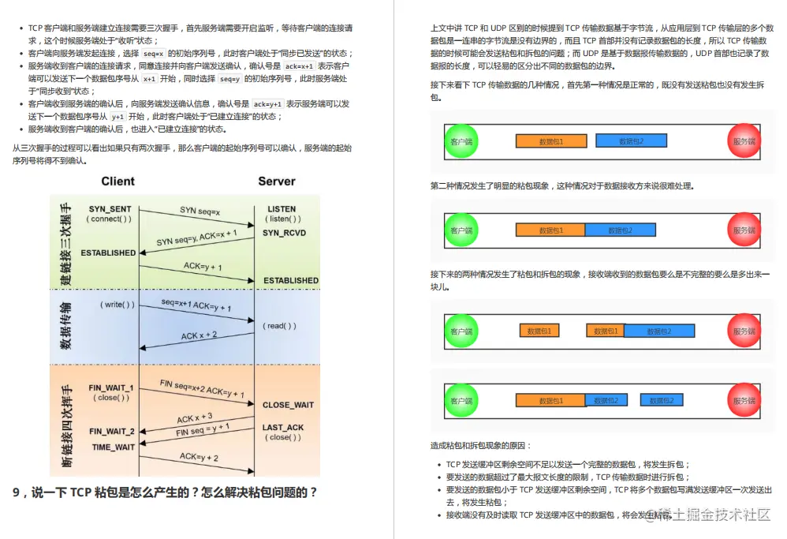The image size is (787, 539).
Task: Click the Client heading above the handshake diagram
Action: click(x=117, y=182)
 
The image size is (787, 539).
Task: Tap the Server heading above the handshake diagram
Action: click(x=277, y=182)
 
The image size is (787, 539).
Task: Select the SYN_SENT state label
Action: click(x=110, y=209)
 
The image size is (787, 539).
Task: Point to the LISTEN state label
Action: click(x=282, y=209)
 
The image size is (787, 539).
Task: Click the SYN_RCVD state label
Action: click(x=284, y=233)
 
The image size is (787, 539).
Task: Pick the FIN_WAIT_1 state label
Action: click(x=111, y=388)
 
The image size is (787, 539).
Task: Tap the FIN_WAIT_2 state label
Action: click(x=111, y=432)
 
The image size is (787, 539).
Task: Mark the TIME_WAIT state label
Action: click(x=114, y=447)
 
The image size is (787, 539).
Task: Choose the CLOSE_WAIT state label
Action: click(x=288, y=405)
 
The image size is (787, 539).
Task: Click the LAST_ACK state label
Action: click(x=283, y=428)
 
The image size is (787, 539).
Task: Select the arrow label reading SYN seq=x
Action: click(x=200, y=211)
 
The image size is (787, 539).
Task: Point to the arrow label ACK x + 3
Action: click(x=194, y=417)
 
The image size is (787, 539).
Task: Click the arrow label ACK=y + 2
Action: click(x=199, y=457)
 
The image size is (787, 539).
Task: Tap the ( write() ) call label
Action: click(x=117, y=304)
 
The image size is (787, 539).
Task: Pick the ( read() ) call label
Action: click(x=280, y=325)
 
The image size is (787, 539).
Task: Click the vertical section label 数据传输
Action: click(x=66, y=325)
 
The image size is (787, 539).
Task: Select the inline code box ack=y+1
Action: click(x=267, y=103)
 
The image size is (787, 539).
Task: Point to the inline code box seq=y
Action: click(x=229, y=80)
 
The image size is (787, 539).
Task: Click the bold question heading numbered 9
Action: click(x=166, y=492)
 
